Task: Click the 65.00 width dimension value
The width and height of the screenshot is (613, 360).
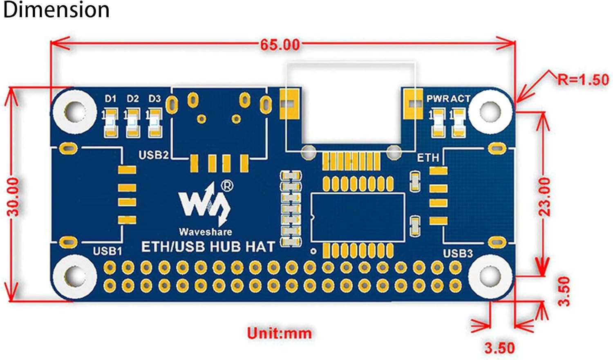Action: coord(280,45)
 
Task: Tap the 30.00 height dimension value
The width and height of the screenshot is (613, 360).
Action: coord(13,197)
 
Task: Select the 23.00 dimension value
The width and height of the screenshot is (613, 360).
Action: coord(544,197)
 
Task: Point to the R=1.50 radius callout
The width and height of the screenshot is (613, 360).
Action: coord(583,80)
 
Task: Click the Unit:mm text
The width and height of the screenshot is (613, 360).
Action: coord(280,333)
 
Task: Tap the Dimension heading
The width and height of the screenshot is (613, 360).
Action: coord(56,10)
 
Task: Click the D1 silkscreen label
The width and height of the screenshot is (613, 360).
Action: coord(111,98)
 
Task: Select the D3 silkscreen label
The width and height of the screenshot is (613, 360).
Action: coord(154,98)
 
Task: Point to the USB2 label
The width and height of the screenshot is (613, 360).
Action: coord(154,155)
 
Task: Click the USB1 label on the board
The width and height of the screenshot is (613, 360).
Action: coord(107,251)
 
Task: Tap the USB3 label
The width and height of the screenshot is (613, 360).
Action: coord(458,254)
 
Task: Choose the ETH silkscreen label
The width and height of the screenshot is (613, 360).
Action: coord(428,158)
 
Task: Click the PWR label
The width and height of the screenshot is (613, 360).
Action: coord(438,99)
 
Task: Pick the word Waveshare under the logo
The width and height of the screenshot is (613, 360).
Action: coord(206,232)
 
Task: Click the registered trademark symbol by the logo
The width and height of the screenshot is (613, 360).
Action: coord(227,186)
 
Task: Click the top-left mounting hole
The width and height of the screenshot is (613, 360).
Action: coord(74,112)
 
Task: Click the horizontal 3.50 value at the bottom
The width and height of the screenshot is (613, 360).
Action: coord(499,348)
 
